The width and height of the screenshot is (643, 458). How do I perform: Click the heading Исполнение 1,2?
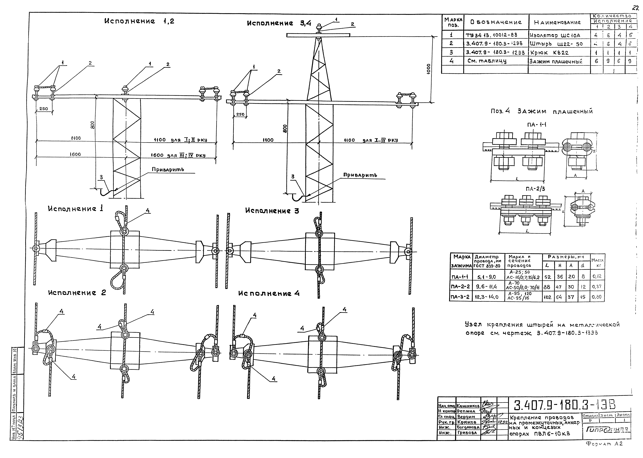tap(139, 21)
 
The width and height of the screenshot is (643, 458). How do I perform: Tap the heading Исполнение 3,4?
tap(279, 23)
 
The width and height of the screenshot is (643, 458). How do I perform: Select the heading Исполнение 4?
tap(269, 294)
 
